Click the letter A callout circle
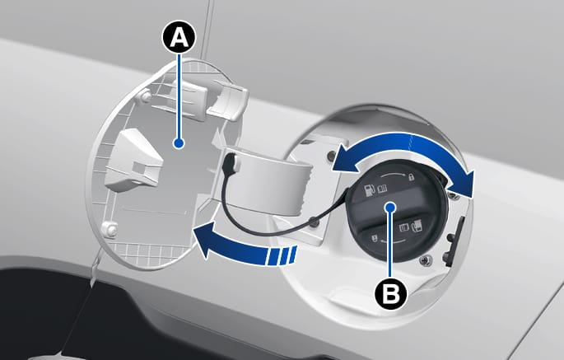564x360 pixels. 179,37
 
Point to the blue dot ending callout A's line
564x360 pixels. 179,143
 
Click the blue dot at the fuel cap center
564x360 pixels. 390,207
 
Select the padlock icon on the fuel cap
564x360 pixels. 411,177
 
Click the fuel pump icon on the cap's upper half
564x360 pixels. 370,189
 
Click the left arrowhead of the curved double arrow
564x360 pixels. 340,157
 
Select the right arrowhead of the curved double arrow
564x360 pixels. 464,183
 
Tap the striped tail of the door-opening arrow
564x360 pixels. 282,256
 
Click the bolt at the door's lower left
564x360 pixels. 109,228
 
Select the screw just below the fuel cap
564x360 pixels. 426,259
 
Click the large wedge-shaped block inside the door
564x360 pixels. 134,158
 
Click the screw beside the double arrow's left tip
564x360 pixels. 331,155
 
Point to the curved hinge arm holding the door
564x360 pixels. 266,178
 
